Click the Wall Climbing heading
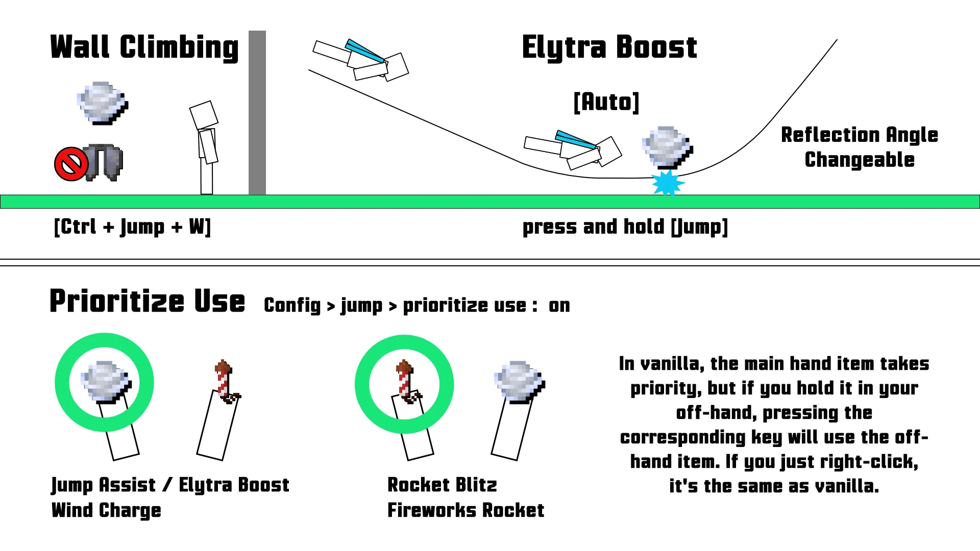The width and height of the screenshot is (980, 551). (x=144, y=48)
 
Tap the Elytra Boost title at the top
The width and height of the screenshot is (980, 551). (x=609, y=48)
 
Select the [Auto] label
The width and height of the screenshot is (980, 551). (x=606, y=102)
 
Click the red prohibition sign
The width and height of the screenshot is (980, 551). (x=71, y=164)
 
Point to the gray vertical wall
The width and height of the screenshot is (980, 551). (x=257, y=112)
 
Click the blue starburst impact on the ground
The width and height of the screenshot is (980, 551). (x=667, y=183)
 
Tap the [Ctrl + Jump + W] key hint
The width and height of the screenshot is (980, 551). (x=132, y=227)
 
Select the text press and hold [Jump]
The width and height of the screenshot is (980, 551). (x=625, y=227)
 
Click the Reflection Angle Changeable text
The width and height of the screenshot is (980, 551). (x=860, y=147)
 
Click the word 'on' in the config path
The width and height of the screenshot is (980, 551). (x=559, y=306)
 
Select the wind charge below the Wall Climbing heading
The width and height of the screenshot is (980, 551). (x=103, y=103)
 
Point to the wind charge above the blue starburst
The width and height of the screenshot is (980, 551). (x=667, y=147)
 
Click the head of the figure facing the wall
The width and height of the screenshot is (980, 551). (x=204, y=114)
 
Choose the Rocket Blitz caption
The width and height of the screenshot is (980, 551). (x=442, y=485)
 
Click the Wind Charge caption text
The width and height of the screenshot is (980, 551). (x=106, y=510)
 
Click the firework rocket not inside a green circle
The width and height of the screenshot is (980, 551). (x=225, y=381)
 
